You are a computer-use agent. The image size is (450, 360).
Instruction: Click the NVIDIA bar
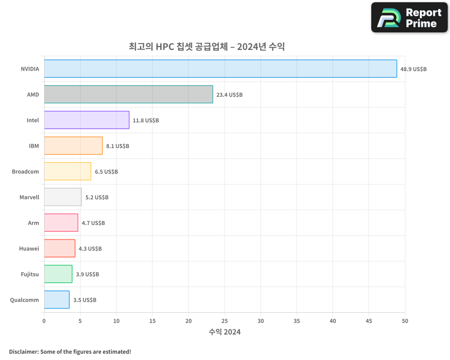(220, 69)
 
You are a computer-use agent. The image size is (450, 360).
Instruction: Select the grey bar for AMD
(128, 94)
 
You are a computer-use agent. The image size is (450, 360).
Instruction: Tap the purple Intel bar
(86, 120)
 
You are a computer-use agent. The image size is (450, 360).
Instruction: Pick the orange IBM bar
(73, 146)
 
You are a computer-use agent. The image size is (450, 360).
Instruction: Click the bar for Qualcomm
(57, 300)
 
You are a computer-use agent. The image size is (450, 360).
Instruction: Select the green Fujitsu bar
(58, 274)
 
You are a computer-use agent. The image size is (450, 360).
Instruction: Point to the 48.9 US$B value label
(413, 69)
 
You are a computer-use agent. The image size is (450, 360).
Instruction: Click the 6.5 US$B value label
(106, 171)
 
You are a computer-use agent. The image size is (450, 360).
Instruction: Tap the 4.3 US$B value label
(90, 248)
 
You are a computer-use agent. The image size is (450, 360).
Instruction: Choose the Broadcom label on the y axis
(25, 171)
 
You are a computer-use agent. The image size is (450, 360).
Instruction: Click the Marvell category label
(29, 197)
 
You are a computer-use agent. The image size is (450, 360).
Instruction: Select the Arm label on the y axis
(33, 223)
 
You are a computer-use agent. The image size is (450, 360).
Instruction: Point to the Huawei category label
(29, 248)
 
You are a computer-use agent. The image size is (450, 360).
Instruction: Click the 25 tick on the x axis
(225, 321)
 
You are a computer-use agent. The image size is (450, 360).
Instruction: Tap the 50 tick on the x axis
(405, 321)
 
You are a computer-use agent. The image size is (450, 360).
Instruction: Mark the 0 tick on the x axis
(44, 321)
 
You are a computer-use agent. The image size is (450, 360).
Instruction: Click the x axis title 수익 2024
(225, 332)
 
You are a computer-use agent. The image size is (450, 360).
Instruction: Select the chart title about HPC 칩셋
(207, 46)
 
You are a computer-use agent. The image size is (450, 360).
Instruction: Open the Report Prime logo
(409, 18)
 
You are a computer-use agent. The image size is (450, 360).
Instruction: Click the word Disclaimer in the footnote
(23, 351)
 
